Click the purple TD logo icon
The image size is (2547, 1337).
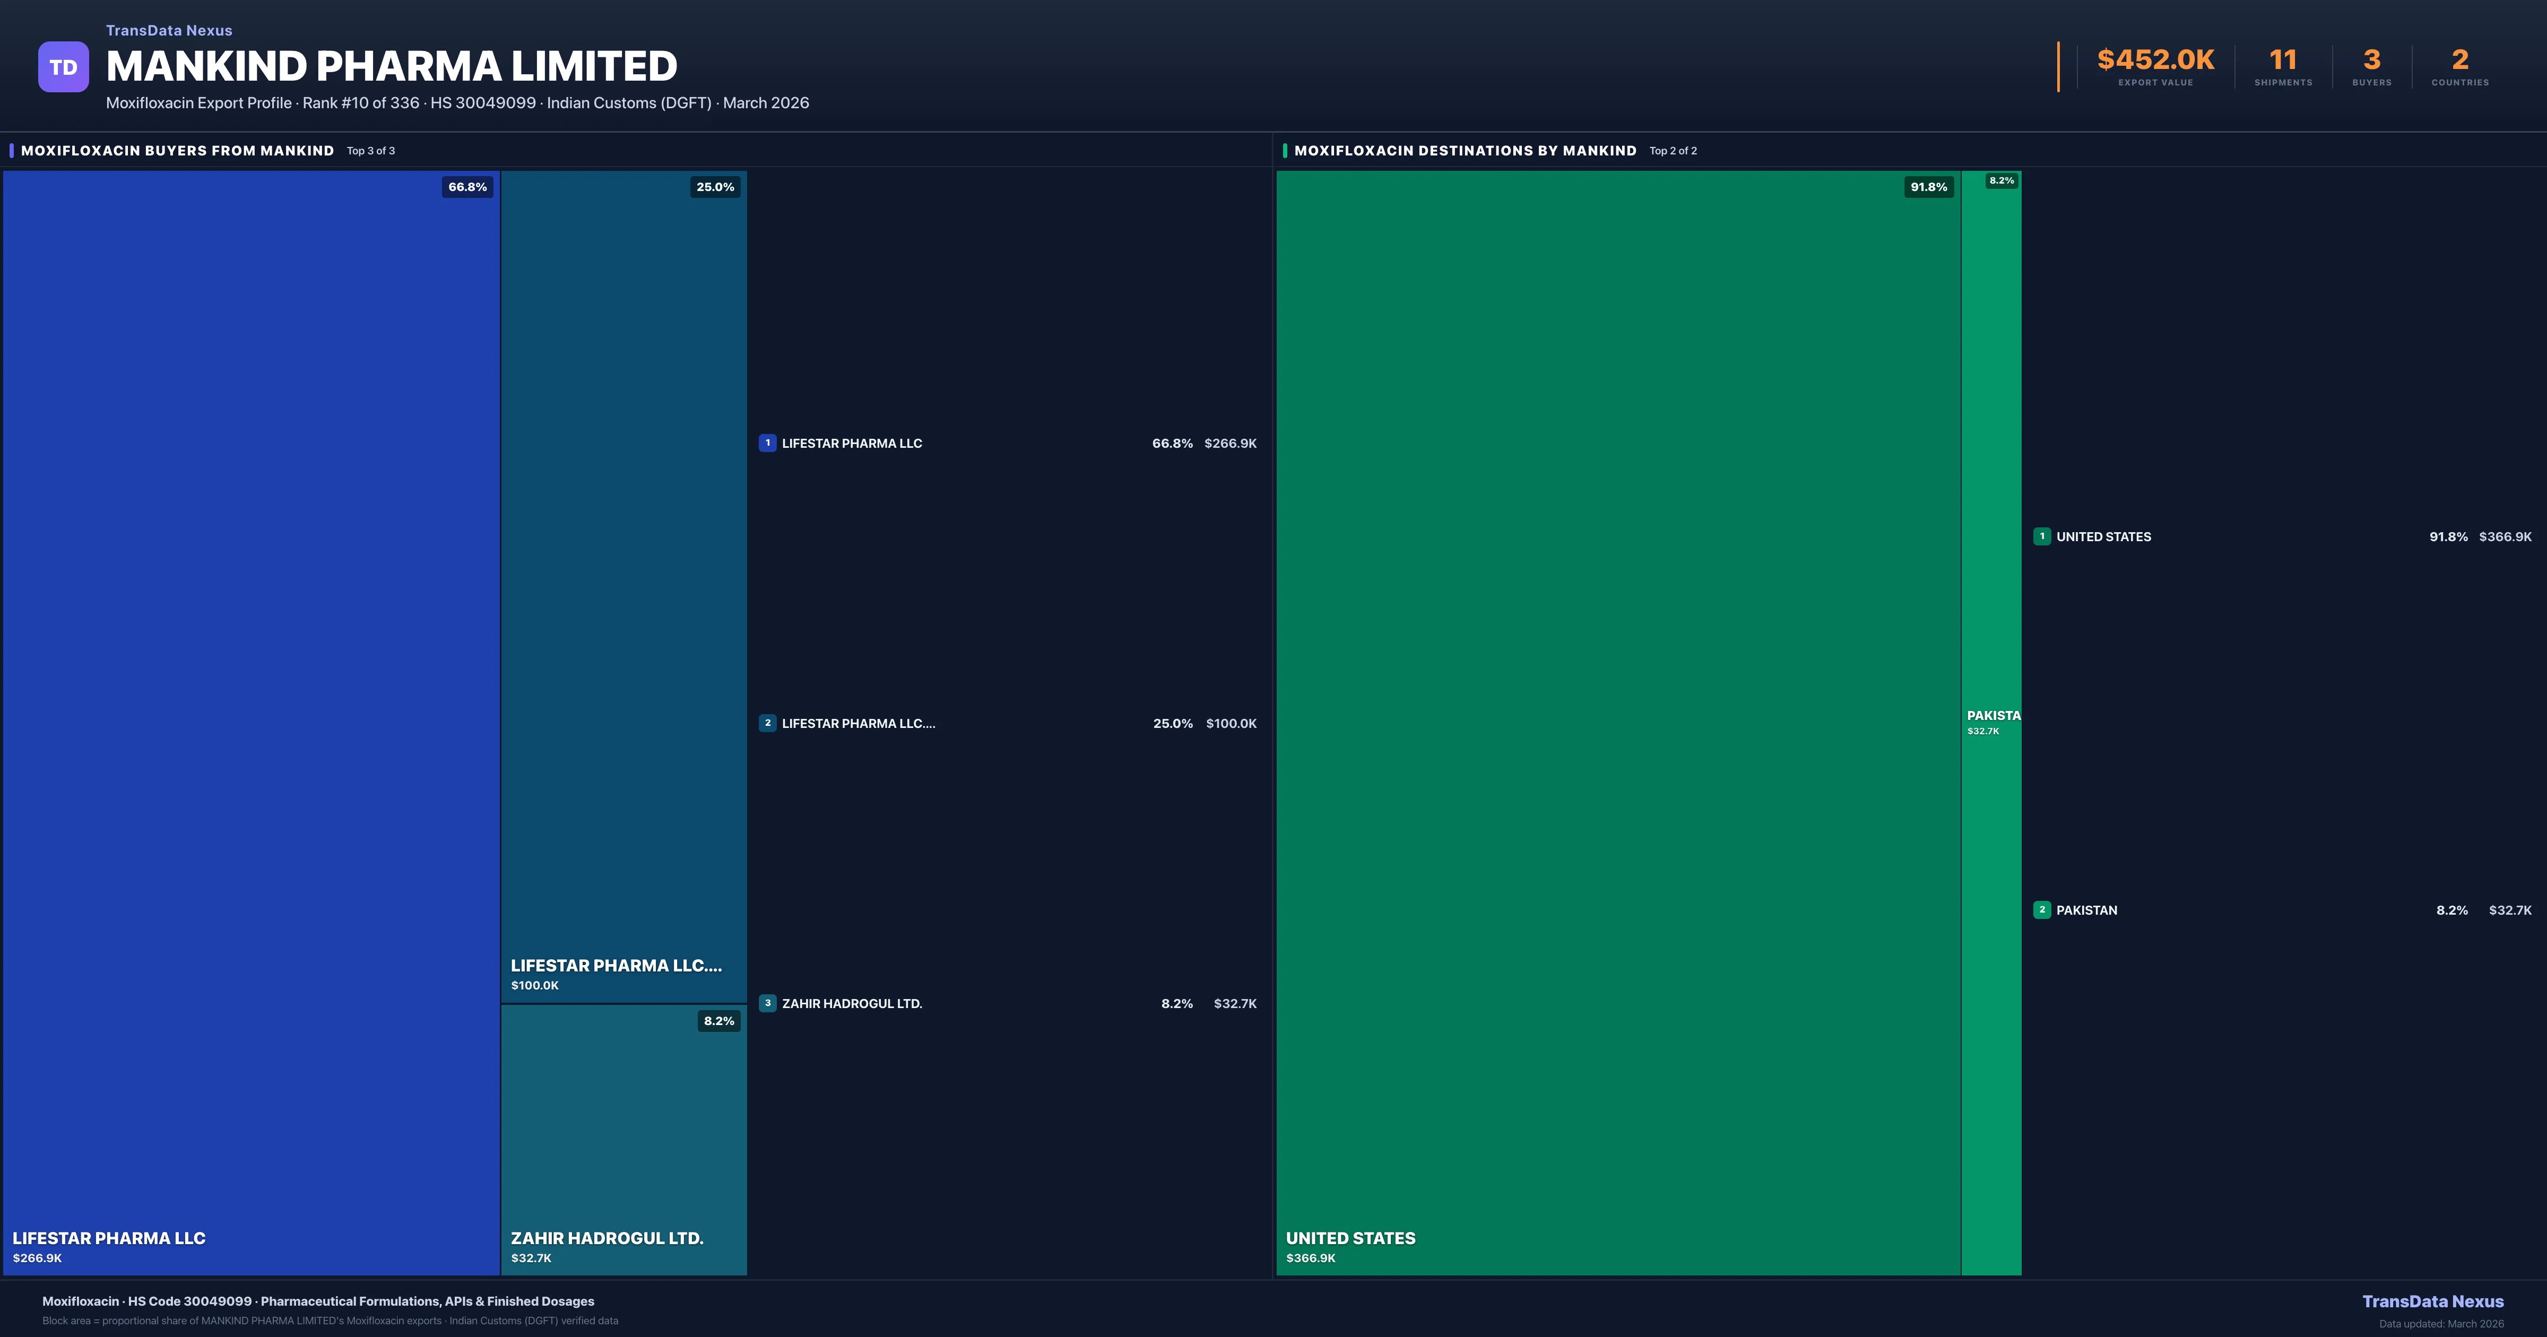pos(63,67)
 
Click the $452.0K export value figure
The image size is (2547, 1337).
pos(2155,60)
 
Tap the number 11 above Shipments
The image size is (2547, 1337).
pos(2283,60)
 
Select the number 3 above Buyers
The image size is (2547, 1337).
pos(2371,60)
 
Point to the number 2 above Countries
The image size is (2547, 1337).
pos(2460,60)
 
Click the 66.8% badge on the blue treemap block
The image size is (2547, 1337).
pos(467,187)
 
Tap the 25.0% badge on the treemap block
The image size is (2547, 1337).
pos(715,187)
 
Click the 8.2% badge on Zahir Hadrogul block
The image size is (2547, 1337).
pos(719,1021)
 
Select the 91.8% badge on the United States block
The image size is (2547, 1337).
pos(1928,187)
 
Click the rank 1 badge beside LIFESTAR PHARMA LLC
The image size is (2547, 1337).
pos(767,443)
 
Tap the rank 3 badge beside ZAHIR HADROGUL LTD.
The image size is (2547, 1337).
pos(767,1003)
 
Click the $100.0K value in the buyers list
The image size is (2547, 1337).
pos(1231,724)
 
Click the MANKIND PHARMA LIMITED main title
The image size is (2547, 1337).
pos(392,66)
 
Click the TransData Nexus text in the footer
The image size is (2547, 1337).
pos(2432,1301)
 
